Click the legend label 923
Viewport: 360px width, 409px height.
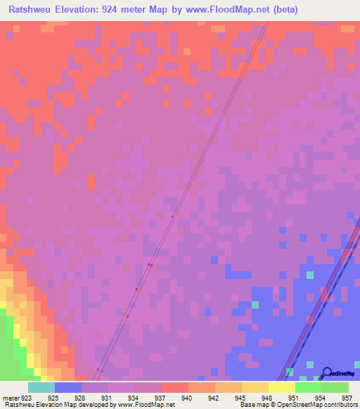[27, 398]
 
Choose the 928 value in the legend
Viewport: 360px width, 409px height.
[81, 398]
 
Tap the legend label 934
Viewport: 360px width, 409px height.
[134, 398]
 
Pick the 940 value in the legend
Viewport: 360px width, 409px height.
[186, 398]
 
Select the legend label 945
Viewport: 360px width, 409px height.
[240, 398]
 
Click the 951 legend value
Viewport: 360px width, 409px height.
[293, 398]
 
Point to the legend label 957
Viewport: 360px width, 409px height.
[346, 398]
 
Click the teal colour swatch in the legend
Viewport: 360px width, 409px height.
[41, 387]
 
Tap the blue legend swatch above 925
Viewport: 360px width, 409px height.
[68, 387]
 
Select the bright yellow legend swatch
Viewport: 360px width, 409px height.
[282, 387]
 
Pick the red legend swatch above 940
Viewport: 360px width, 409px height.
[175, 387]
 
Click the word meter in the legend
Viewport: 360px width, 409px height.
[11, 398]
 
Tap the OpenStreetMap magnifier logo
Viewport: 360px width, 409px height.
[326, 372]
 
